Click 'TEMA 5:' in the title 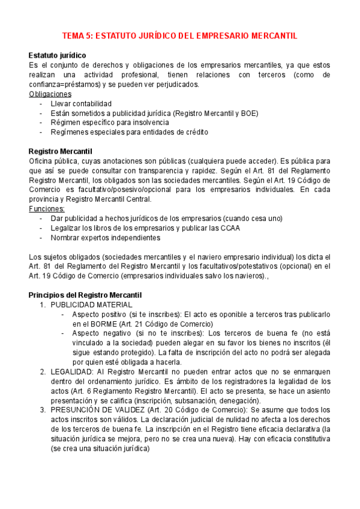point(78,36)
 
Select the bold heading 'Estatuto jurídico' point(57,56)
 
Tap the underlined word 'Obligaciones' point(50,94)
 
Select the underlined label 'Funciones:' point(47,209)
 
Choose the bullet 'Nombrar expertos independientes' point(106,238)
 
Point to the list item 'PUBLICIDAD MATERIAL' point(92,305)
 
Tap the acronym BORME point(104,324)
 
